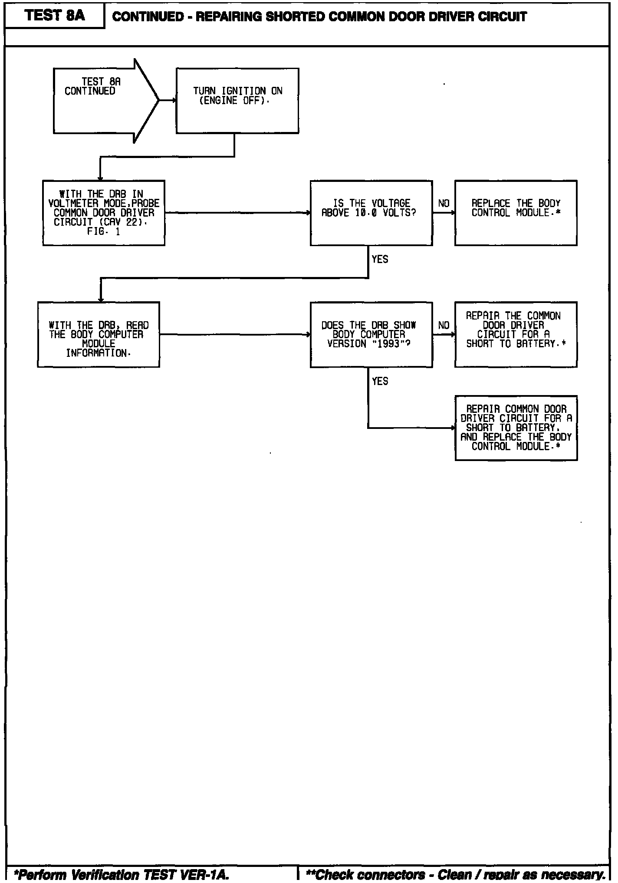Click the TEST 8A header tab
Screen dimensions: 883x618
tap(55, 16)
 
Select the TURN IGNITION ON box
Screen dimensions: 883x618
tap(237, 101)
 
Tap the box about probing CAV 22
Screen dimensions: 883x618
tap(104, 213)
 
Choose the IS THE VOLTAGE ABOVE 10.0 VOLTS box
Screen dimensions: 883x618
tap(371, 213)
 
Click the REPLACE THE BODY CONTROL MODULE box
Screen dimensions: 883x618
tap(516, 213)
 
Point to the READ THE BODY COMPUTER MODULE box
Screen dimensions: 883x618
tap(99, 334)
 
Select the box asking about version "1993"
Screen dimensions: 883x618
tap(371, 334)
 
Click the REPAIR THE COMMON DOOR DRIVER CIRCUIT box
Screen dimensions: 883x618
tap(516, 334)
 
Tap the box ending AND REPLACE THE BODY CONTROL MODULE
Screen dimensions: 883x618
tap(516, 428)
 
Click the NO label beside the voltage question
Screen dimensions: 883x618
tap(444, 204)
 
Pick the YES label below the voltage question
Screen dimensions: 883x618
tap(380, 259)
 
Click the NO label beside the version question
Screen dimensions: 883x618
tap(444, 325)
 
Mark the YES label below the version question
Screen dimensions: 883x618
tap(380, 381)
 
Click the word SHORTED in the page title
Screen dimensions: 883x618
tap(295, 17)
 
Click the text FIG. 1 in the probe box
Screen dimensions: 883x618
tap(103, 232)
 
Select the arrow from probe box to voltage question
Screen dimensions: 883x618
tap(237, 213)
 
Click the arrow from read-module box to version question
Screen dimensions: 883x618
tap(235, 334)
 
